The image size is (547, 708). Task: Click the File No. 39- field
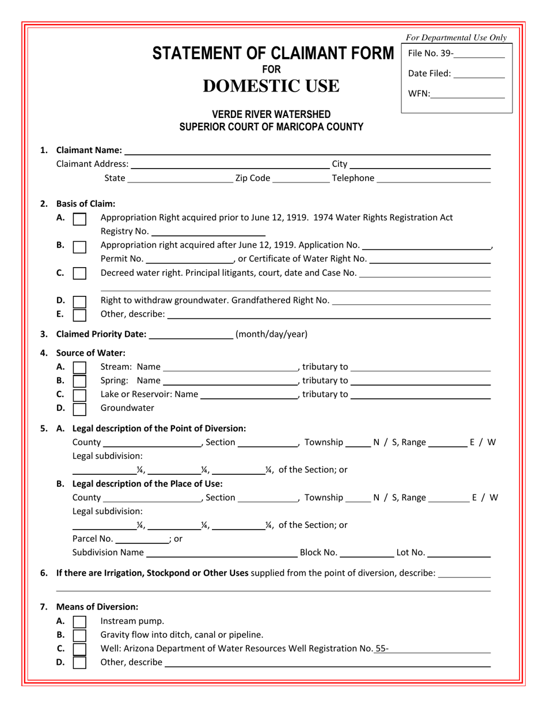pos(478,55)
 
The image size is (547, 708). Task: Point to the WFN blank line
pos(467,94)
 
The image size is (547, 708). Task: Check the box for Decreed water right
pos(80,273)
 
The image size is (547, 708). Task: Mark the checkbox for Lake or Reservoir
pos(80,395)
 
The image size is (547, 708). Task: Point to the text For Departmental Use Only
pos(456,38)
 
